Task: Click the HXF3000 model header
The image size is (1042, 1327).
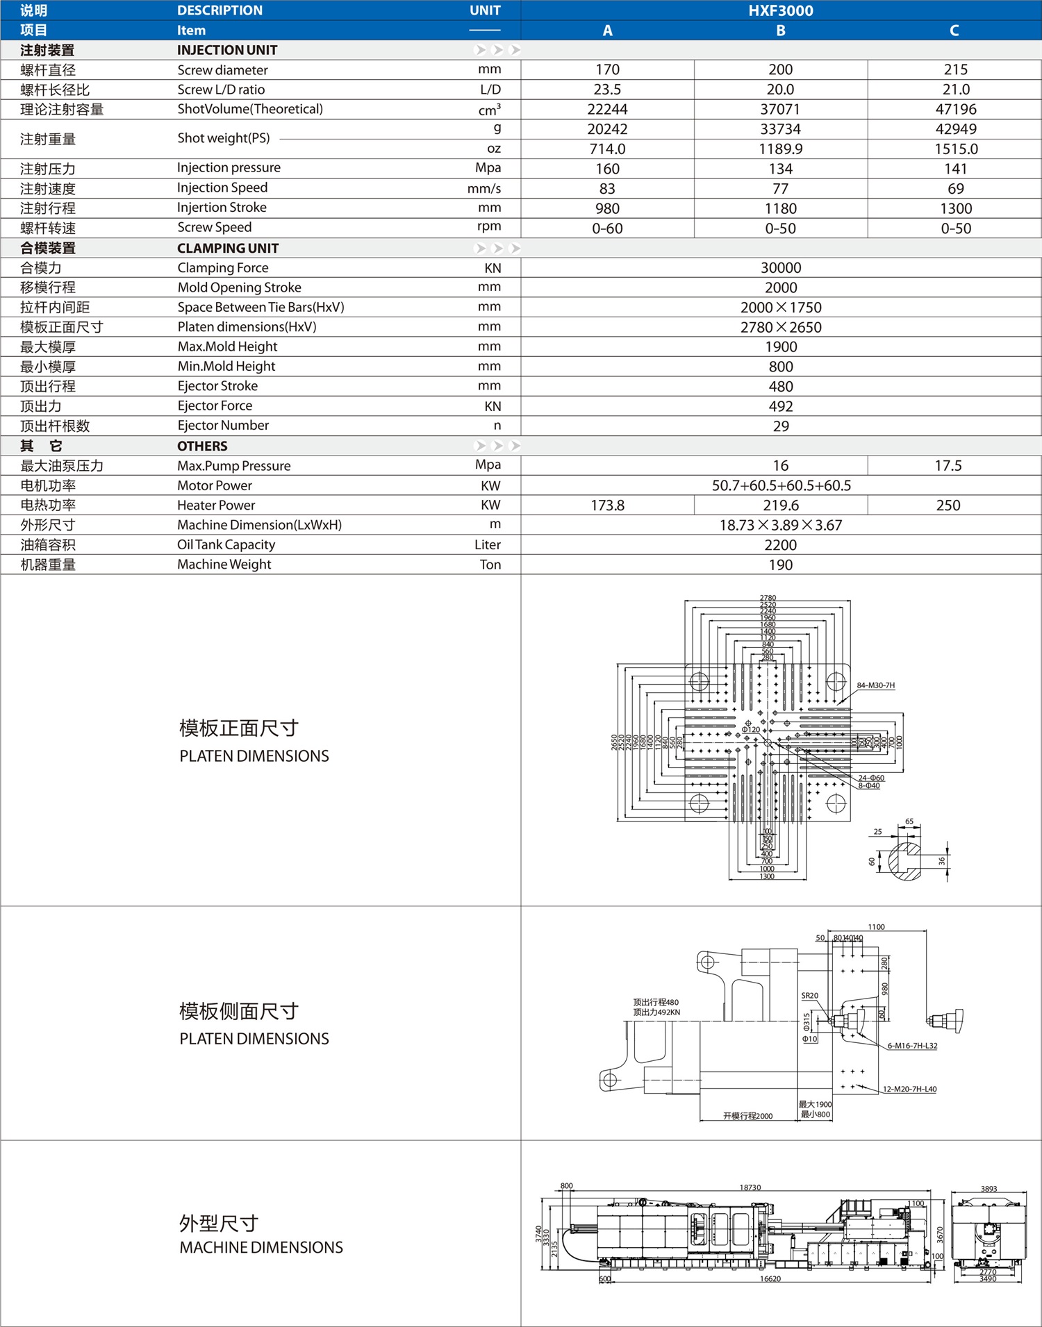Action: click(x=780, y=10)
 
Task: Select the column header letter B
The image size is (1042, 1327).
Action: click(x=780, y=31)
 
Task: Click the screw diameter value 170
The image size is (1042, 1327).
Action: click(x=607, y=69)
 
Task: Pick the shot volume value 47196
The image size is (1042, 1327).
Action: click(x=955, y=109)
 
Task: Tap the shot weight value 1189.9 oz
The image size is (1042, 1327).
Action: click(x=780, y=149)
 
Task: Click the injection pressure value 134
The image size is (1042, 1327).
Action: click(x=780, y=169)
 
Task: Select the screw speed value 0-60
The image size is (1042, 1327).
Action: click(x=607, y=228)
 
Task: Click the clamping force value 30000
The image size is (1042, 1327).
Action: click(x=780, y=268)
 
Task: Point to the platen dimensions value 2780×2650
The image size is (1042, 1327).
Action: click(x=780, y=327)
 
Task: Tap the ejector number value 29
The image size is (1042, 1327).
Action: click(x=780, y=426)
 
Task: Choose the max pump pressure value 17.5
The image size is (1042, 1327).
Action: click(x=948, y=466)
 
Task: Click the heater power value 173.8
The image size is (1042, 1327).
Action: click(x=607, y=506)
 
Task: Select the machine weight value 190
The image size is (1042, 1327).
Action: click(x=780, y=565)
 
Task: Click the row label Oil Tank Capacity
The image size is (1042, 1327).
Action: click(x=226, y=545)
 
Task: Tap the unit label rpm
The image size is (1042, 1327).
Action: click(x=488, y=226)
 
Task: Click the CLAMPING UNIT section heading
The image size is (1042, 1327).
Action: click(x=228, y=249)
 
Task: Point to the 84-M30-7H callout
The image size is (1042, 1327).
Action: click(x=875, y=685)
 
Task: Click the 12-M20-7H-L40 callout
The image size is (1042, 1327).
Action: click(x=909, y=1089)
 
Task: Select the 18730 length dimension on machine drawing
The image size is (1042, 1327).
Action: click(x=750, y=1187)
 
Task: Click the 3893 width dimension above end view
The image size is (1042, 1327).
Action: click(x=989, y=1189)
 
